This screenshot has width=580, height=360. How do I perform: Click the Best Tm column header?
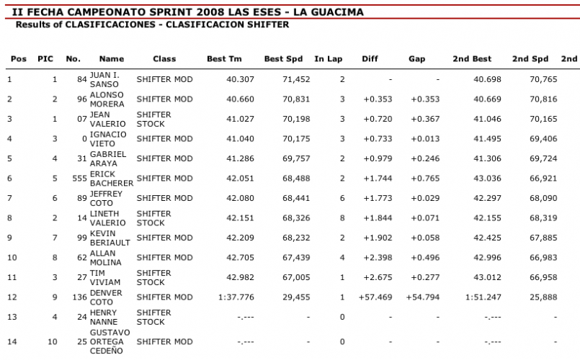pyautogui.click(x=224, y=59)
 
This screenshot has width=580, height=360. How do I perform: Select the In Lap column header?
pyautogui.click(x=328, y=59)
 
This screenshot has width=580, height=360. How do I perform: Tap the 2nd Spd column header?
pyautogui.click(x=530, y=59)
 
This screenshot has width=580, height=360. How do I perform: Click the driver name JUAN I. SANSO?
pyautogui.click(x=104, y=79)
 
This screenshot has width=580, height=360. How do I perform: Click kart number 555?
pyautogui.click(x=72, y=178)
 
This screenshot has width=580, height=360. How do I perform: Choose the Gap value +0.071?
pyautogui.click(x=425, y=217)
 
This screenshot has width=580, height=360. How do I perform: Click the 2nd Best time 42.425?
pyautogui.click(x=487, y=238)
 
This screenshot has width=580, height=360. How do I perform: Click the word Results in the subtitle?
pyautogui.click(x=34, y=24)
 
